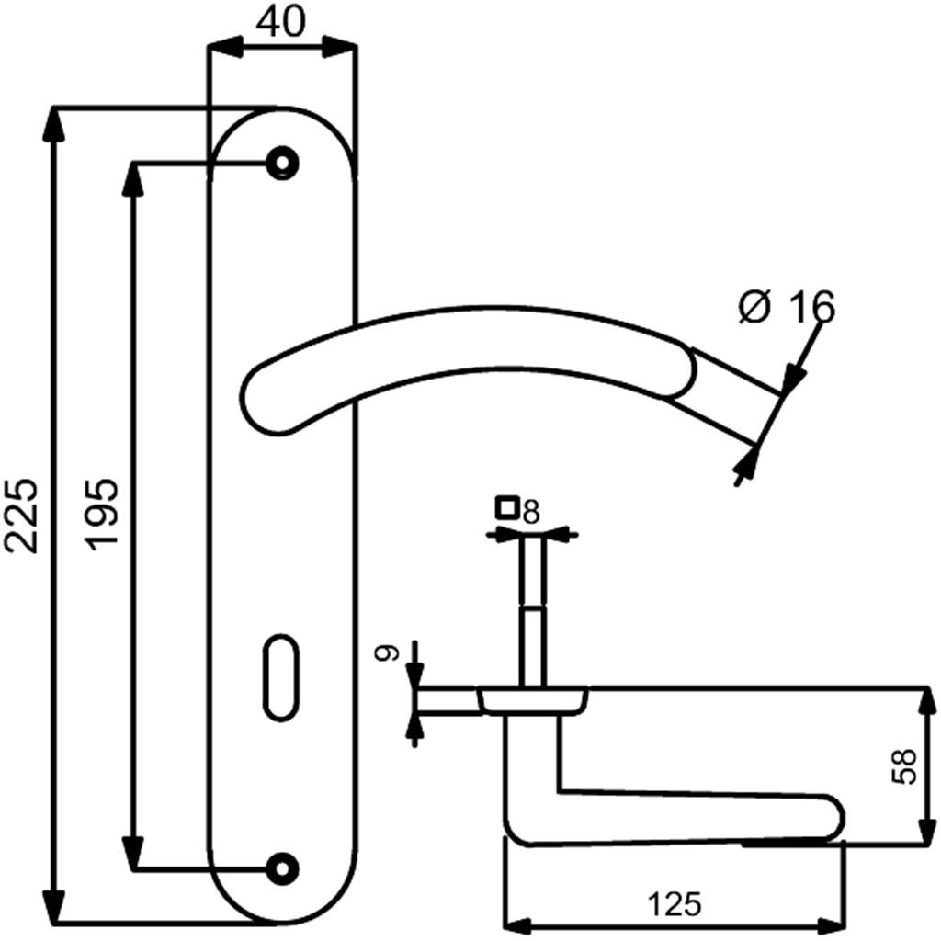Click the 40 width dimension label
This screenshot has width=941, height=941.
tap(280, 23)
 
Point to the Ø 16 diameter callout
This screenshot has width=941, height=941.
tap(787, 307)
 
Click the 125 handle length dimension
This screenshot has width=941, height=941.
tap(674, 904)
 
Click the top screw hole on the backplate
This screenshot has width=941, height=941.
tap(283, 163)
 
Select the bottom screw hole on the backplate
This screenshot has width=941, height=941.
tap(283, 867)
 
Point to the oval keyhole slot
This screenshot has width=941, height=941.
tap(281, 677)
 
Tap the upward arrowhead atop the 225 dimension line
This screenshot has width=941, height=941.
tap(54, 125)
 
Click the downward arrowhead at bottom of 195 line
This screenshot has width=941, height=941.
tap(132, 850)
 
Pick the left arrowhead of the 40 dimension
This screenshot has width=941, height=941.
tap(225, 46)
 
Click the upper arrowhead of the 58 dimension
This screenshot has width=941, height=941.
tap(927, 703)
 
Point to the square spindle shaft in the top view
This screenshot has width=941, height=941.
tap(533, 611)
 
